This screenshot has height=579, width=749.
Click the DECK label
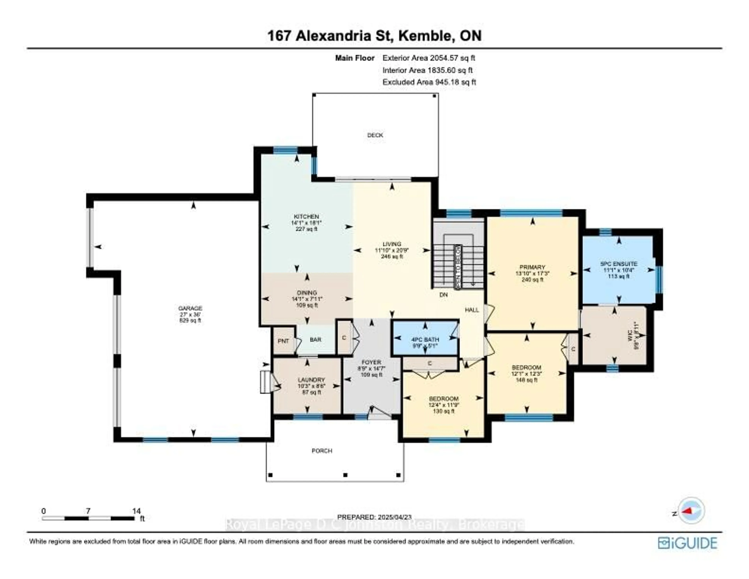point(375,135)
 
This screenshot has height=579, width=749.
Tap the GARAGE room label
point(190,308)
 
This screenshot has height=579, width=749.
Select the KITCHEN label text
point(306,217)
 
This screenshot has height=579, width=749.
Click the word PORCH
point(322,451)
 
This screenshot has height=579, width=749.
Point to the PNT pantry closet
point(283,341)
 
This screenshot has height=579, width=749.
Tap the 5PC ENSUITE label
point(619,264)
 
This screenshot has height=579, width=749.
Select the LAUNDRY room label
point(311,380)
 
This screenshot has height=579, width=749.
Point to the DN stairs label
point(443,294)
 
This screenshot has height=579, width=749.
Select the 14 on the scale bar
point(137,511)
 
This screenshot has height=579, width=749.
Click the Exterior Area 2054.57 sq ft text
point(429,58)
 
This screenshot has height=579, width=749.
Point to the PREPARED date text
point(374,517)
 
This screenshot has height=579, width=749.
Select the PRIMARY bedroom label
point(532,267)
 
